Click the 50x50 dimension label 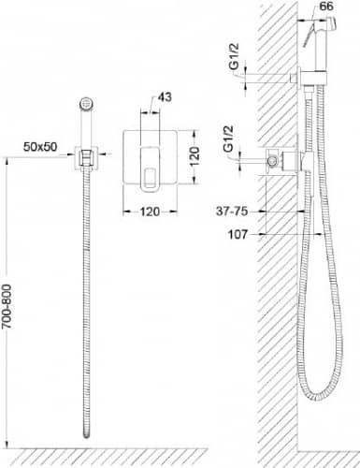pyautogui.click(x=40, y=146)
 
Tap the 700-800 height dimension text pyautogui.click(x=7, y=306)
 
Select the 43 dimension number pyautogui.click(x=165, y=97)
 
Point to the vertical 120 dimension pyautogui.click(x=194, y=156)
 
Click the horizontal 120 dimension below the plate pyautogui.click(x=150, y=212)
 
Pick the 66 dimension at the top pyautogui.click(x=326, y=7)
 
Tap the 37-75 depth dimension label pyautogui.click(x=232, y=212)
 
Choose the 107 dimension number pyautogui.click(x=238, y=234)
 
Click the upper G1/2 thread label pyautogui.click(x=234, y=56)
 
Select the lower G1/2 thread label pyautogui.click(x=228, y=139)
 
